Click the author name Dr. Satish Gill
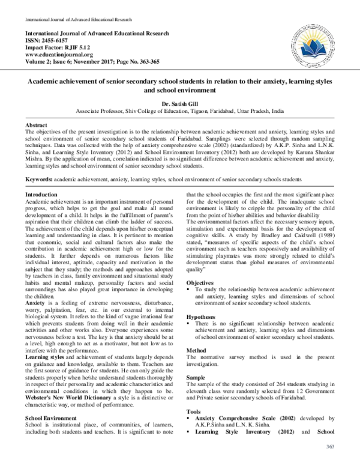[x=179, y=104]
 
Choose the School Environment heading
[x=52, y=399]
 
